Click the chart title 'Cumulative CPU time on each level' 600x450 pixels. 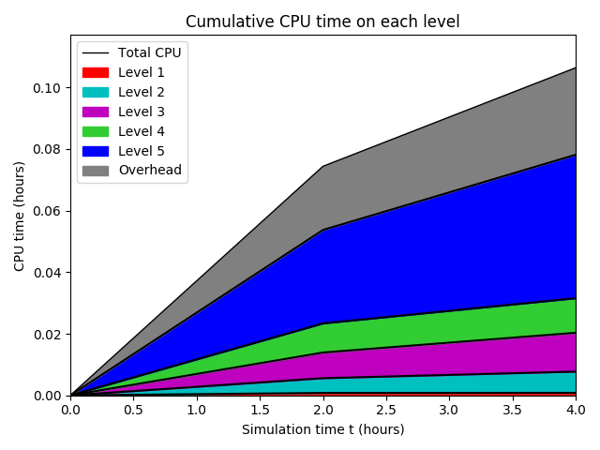point(322,22)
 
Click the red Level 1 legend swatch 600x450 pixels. point(96,72)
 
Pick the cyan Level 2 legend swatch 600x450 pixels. point(96,92)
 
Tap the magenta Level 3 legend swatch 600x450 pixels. point(96,112)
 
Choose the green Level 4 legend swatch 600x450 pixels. point(96,131)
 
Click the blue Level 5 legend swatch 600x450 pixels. point(96,151)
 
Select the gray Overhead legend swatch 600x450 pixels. point(96,171)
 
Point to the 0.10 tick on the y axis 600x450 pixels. point(48,88)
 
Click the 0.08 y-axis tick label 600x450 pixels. point(48,149)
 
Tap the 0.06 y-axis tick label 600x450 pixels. point(48,211)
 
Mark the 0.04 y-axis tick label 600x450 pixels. point(48,273)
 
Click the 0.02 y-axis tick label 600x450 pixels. point(48,335)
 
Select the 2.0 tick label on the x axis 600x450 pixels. point(323,410)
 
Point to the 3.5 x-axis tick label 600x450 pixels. point(513,410)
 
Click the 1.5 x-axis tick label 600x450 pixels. point(260,410)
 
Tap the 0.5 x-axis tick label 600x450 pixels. point(133,410)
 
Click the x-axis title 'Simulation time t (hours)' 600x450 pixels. point(322,429)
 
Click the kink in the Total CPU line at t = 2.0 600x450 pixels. point(323,166)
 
